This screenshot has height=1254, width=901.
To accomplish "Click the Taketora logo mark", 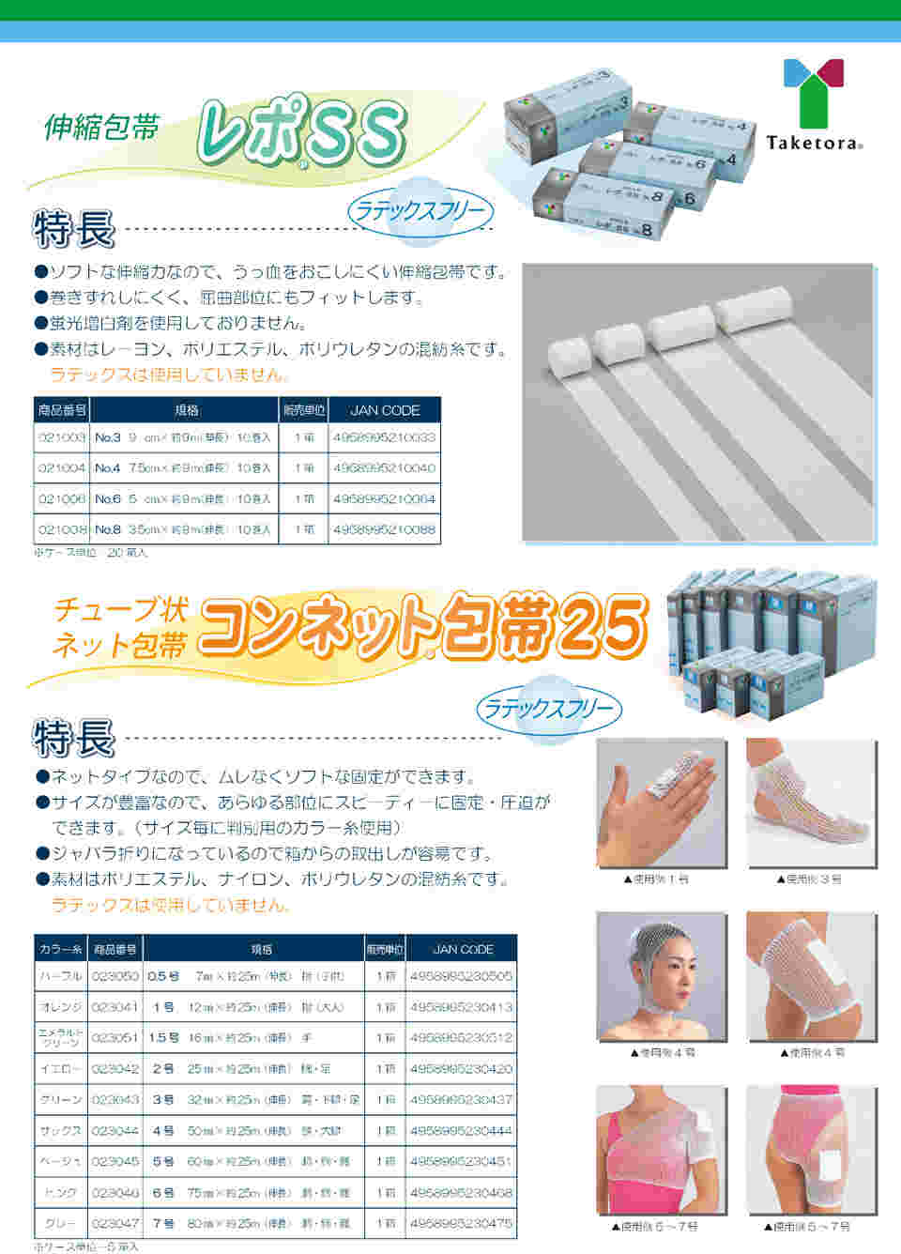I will click(x=813, y=92).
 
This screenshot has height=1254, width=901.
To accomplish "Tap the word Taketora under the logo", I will click(x=813, y=143).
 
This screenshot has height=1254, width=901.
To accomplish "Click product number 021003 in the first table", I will click(x=62, y=437).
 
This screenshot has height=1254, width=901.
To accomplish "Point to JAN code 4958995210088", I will click(x=384, y=530).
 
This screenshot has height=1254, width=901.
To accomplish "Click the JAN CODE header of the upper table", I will click(x=384, y=410).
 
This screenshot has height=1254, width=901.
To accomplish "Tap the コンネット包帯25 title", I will click(x=422, y=626).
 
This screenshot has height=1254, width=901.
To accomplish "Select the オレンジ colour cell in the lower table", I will click(x=61, y=1007).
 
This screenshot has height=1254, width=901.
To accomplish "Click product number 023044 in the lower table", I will click(x=115, y=1131).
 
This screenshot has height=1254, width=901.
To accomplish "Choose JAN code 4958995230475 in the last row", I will click(x=461, y=1224).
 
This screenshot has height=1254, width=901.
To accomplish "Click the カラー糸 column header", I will click(x=61, y=950).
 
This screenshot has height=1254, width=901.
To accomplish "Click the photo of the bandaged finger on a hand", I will click(x=661, y=803).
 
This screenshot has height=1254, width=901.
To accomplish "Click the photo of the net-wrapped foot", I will click(x=811, y=803).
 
